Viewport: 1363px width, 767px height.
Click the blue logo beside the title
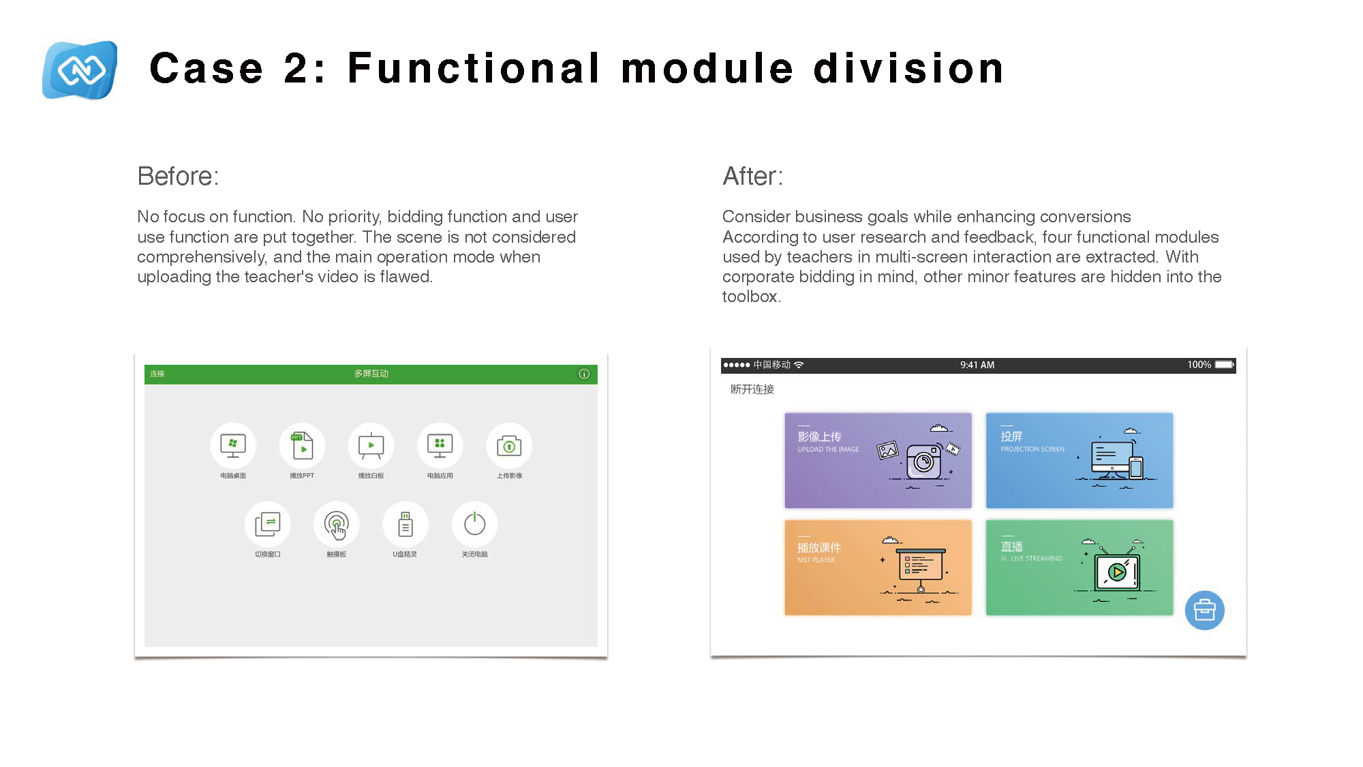[x=80, y=70]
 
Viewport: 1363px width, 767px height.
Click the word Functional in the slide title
[x=474, y=69]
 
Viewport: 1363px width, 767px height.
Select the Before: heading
[x=178, y=177]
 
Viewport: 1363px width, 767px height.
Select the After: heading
[x=752, y=177]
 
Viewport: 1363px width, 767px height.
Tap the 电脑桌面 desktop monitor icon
[x=233, y=446]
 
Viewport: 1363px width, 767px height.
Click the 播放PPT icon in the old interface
[x=302, y=446]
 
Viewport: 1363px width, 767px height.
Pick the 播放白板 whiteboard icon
[x=371, y=446]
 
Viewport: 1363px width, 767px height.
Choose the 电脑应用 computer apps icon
[x=440, y=446]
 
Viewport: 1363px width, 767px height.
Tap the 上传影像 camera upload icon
[x=509, y=446]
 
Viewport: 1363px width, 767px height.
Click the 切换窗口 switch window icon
[x=267, y=524]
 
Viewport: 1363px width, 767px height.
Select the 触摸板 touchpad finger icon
[x=336, y=524]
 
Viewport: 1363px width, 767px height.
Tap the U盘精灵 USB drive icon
[x=405, y=524]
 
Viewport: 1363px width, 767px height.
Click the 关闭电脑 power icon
[x=474, y=524]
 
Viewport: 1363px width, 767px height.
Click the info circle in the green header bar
[x=584, y=374]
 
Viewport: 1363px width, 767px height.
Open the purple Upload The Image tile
[x=878, y=460]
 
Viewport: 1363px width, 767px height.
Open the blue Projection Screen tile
[x=1079, y=460]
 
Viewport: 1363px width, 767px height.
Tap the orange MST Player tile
[x=878, y=567]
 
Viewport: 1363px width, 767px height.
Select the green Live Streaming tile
[x=1079, y=567]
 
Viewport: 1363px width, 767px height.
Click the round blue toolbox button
[x=1204, y=610]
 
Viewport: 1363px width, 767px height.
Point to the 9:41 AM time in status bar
[x=977, y=365]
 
